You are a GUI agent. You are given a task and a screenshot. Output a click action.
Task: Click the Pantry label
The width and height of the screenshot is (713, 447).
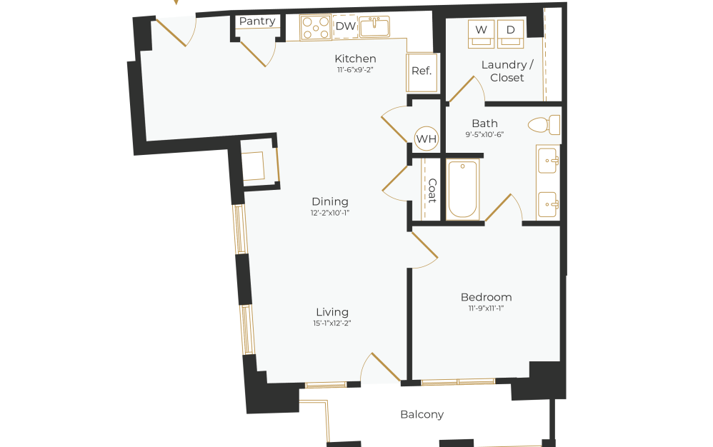pyautogui.click(x=257, y=21)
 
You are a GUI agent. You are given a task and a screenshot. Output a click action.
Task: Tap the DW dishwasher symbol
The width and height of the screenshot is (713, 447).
pyautogui.click(x=346, y=27)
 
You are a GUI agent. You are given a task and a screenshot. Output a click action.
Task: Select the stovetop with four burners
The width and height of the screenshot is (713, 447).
pyautogui.click(x=315, y=28)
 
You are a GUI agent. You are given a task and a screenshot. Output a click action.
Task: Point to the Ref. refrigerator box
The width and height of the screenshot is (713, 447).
pyautogui.click(x=422, y=71)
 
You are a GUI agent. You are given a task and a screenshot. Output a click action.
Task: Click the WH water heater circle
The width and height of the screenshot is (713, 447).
pyautogui.click(x=427, y=139)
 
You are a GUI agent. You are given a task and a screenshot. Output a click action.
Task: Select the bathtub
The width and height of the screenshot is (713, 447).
pyautogui.click(x=462, y=189)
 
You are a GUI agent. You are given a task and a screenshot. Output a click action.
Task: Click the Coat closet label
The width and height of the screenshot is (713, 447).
pyautogui.click(x=432, y=190)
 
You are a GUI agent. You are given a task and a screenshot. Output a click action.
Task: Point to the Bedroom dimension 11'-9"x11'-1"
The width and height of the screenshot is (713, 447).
pyautogui.click(x=486, y=308)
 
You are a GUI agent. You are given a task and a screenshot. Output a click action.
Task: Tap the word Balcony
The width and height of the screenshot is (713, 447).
pyautogui.click(x=422, y=414)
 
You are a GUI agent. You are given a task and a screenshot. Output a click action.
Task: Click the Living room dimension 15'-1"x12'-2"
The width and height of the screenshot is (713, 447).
pyautogui.click(x=332, y=323)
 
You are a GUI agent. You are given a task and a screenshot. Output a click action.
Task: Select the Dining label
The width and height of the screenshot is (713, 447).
pyautogui.click(x=330, y=201)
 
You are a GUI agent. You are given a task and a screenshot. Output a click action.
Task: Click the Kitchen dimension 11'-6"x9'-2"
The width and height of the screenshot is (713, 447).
pyautogui.click(x=355, y=70)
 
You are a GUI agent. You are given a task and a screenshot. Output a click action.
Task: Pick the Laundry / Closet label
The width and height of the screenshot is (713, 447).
pyautogui.click(x=507, y=71)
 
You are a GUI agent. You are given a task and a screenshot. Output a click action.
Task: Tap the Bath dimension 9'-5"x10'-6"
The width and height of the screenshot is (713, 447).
pyautogui.click(x=484, y=134)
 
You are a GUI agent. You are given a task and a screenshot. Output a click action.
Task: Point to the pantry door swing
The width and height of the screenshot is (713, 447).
pyautogui.click(x=256, y=51)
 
